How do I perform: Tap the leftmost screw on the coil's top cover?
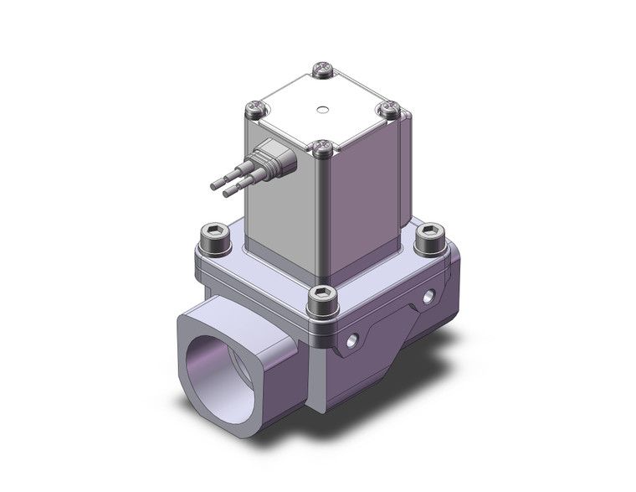pyautogui.click(x=256, y=107)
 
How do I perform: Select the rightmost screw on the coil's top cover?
pyautogui.click(x=387, y=109)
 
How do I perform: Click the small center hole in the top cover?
pyautogui.click(x=322, y=109)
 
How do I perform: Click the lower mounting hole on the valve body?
pyautogui.click(x=352, y=339)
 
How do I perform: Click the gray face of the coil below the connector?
pyautogui.click(x=280, y=218)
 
